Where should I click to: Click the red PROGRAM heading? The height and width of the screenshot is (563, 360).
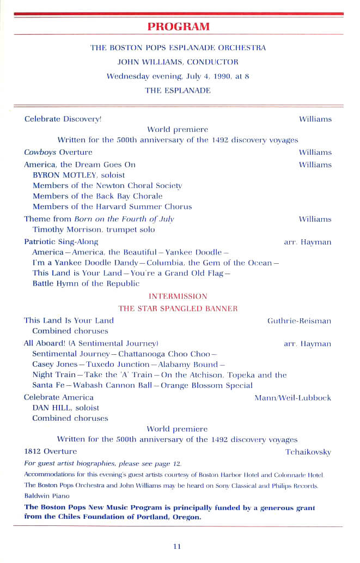tap(178, 26)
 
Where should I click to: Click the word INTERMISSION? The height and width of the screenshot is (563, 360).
tap(178, 296)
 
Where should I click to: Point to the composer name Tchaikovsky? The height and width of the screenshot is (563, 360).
tap(308, 452)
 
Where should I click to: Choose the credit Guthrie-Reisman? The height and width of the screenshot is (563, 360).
tap(299, 321)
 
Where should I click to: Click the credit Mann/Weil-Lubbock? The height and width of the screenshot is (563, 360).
tap(292, 398)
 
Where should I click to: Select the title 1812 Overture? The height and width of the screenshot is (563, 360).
tap(51, 451)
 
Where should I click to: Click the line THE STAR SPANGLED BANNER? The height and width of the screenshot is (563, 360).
tap(178, 308)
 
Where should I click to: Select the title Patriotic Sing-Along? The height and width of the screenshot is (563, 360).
tap(61, 241)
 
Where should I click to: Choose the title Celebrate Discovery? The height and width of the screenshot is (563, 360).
tap(63, 119)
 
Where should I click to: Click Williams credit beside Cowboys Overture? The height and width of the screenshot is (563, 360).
tap(315, 152)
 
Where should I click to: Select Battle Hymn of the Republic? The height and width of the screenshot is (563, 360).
tap(86, 283)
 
